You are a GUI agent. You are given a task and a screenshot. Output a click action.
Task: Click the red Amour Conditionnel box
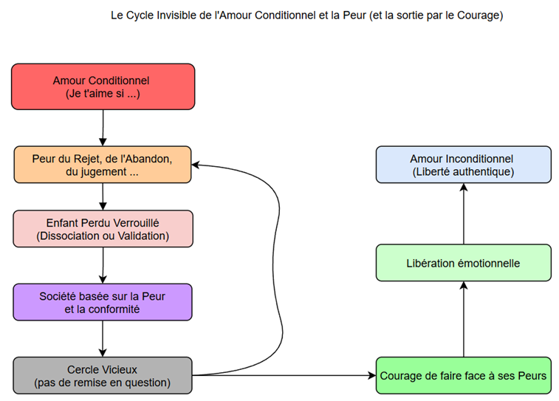tap(103, 87)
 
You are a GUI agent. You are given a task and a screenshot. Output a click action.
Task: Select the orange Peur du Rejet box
tap(103, 165)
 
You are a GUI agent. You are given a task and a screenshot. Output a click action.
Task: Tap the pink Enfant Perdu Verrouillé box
tap(103, 229)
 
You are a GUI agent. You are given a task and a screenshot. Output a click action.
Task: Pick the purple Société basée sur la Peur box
tap(103, 302)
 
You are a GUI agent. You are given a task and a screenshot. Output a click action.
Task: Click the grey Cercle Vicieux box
tap(103, 375)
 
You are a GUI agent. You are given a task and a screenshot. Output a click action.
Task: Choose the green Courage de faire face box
tap(463, 375)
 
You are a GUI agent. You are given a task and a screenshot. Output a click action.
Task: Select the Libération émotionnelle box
tap(463, 263)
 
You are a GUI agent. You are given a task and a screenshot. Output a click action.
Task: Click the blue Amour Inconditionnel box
tap(463, 165)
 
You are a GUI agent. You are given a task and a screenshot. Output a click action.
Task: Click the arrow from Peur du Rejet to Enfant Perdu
tap(103, 196)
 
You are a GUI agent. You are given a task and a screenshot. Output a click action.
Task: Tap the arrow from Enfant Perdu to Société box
tap(103, 265)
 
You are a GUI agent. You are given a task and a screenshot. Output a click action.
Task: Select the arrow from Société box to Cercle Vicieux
tap(103, 338)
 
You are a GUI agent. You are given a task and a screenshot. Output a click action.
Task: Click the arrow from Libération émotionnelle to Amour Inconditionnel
tap(463, 214)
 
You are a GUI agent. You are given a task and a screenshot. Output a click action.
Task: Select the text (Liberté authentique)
tap(463, 171)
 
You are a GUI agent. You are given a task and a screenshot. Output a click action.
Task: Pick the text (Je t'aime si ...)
tap(103, 94)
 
